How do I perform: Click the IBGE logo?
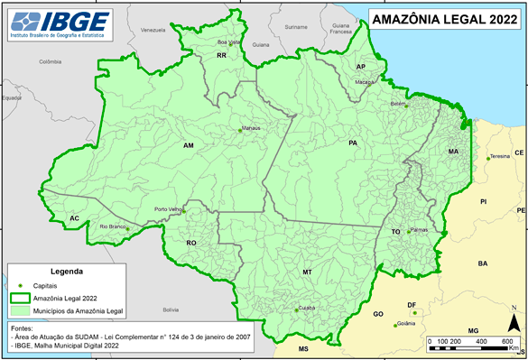click(x=55, y=23)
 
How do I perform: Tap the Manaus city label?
click(x=251, y=128)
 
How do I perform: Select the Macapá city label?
click(x=364, y=81)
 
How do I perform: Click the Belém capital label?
click(x=397, y=104)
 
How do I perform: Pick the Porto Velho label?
click(x=169, y=209)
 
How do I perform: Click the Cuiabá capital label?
click(x=307, y=308)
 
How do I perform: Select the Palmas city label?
click(x=418, y=229)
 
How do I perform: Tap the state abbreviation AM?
click(x=189, y=145)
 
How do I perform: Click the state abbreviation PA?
click(x=353, y=143)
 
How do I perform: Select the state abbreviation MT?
click(x=307, y=272)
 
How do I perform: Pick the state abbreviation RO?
click(x=191, y=243)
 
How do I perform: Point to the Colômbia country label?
click(x=50, y=62)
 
